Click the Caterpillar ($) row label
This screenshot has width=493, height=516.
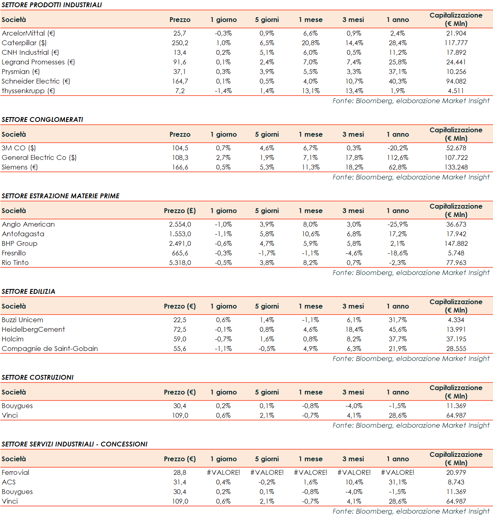pos(24,43)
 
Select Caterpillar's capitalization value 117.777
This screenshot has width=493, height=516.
pos(456,43)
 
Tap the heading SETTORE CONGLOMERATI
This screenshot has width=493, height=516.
pos(42,120)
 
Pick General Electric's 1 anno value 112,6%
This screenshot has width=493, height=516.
pos(398,157)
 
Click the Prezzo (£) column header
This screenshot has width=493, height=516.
pos(180,211)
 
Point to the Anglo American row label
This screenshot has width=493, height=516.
pos(28,224)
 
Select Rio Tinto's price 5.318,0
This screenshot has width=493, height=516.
pos(180,263)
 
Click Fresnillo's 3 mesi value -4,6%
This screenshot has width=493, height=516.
pos(354,253)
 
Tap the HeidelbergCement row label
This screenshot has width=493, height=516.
pos(33,329)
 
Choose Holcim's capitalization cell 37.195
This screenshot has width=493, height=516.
pos(456,339)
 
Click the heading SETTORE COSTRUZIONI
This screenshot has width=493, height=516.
pos(38,377)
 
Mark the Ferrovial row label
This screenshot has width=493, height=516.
pos(16,472)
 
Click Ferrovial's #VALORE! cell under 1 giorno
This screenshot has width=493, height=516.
pos(223,472)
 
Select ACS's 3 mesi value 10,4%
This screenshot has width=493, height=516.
pos(354,482)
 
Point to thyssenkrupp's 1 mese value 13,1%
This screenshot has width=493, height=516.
pos(310,91)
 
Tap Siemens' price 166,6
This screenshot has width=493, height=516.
pos(180,167)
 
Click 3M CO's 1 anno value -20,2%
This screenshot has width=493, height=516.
pos(398,148)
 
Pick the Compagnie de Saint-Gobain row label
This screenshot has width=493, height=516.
pos(50,349)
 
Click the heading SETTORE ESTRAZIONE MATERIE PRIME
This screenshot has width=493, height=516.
pos(61,196)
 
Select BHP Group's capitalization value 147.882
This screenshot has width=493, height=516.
pos(456,243)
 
